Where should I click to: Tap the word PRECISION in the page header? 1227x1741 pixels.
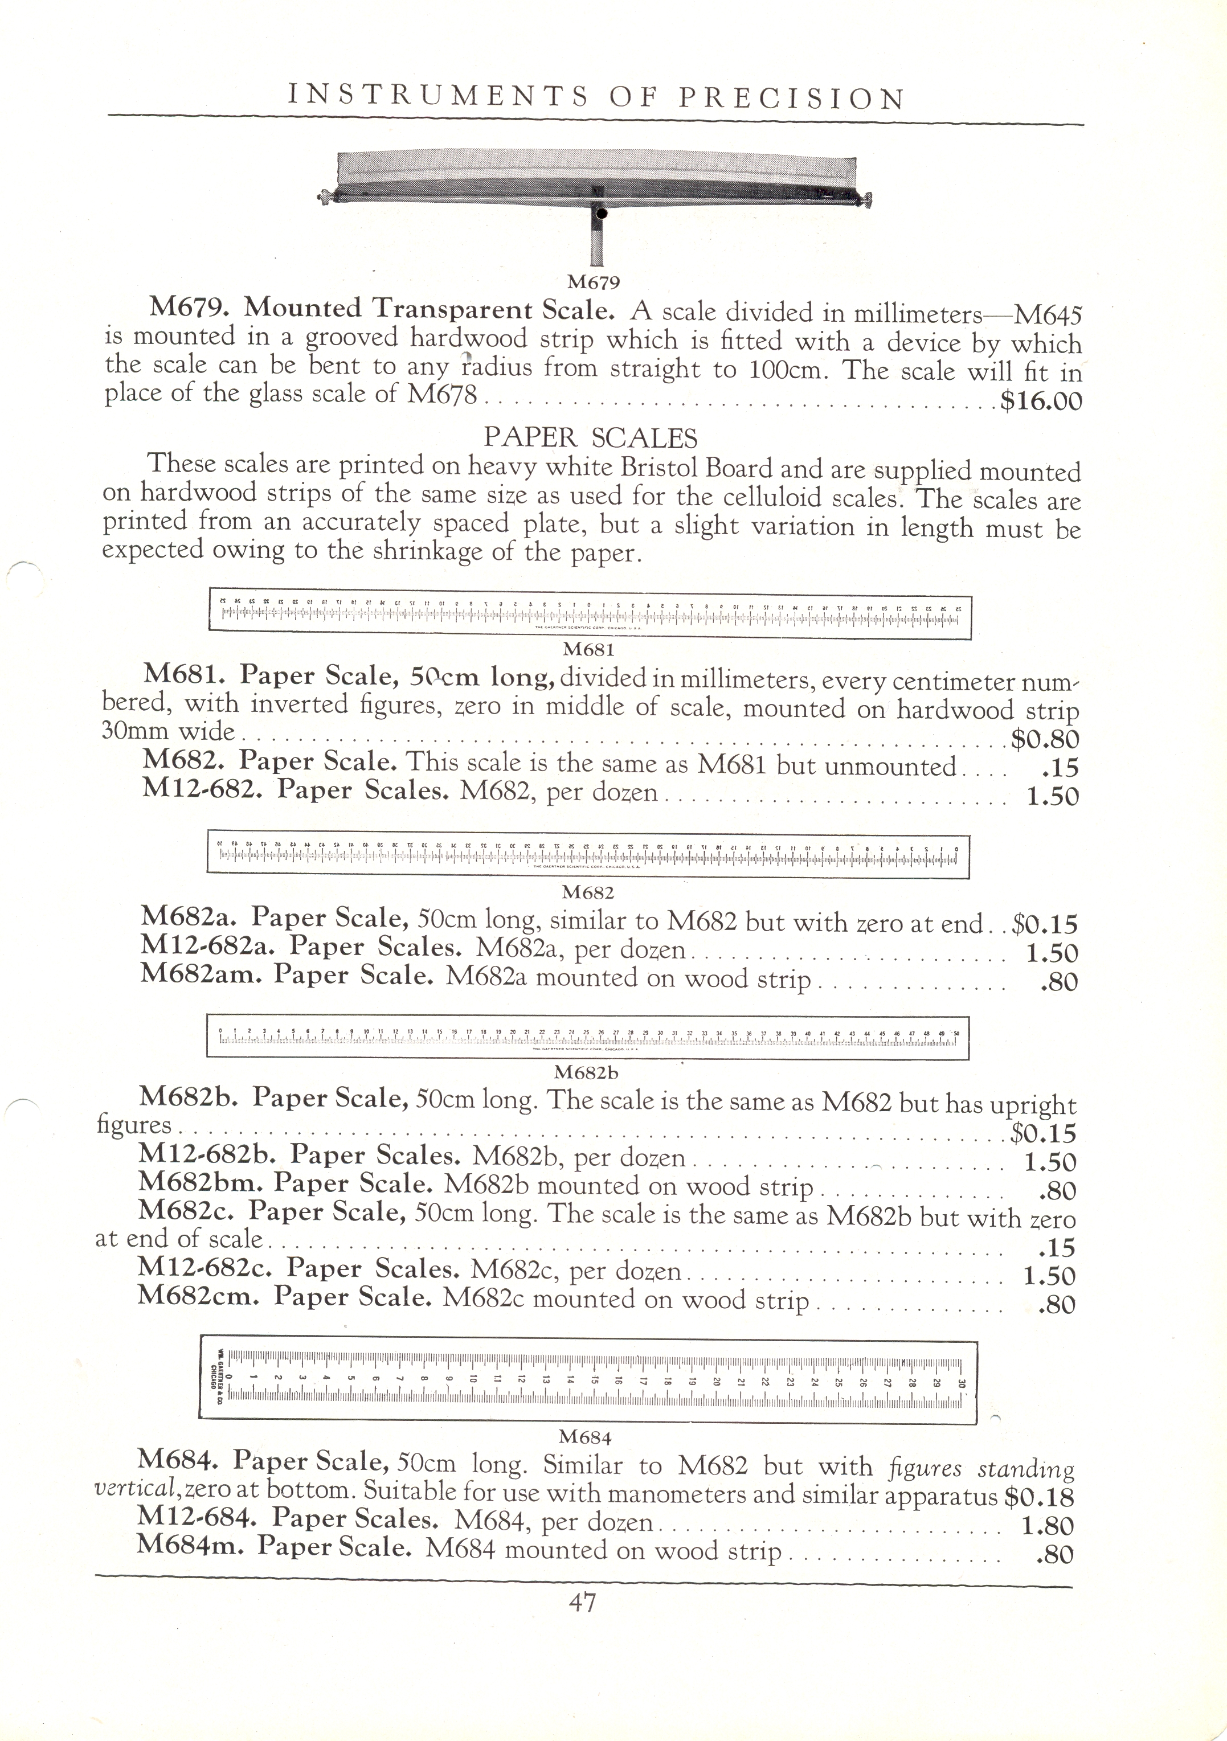(x=791, y=98)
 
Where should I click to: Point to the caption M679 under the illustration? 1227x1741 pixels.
(x=594, y=283)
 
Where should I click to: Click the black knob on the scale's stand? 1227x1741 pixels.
(x=602, y=215)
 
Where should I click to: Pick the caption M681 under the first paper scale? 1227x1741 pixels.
(x=588, y=649)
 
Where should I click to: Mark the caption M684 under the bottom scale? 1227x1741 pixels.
(x=584, y=1436)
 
